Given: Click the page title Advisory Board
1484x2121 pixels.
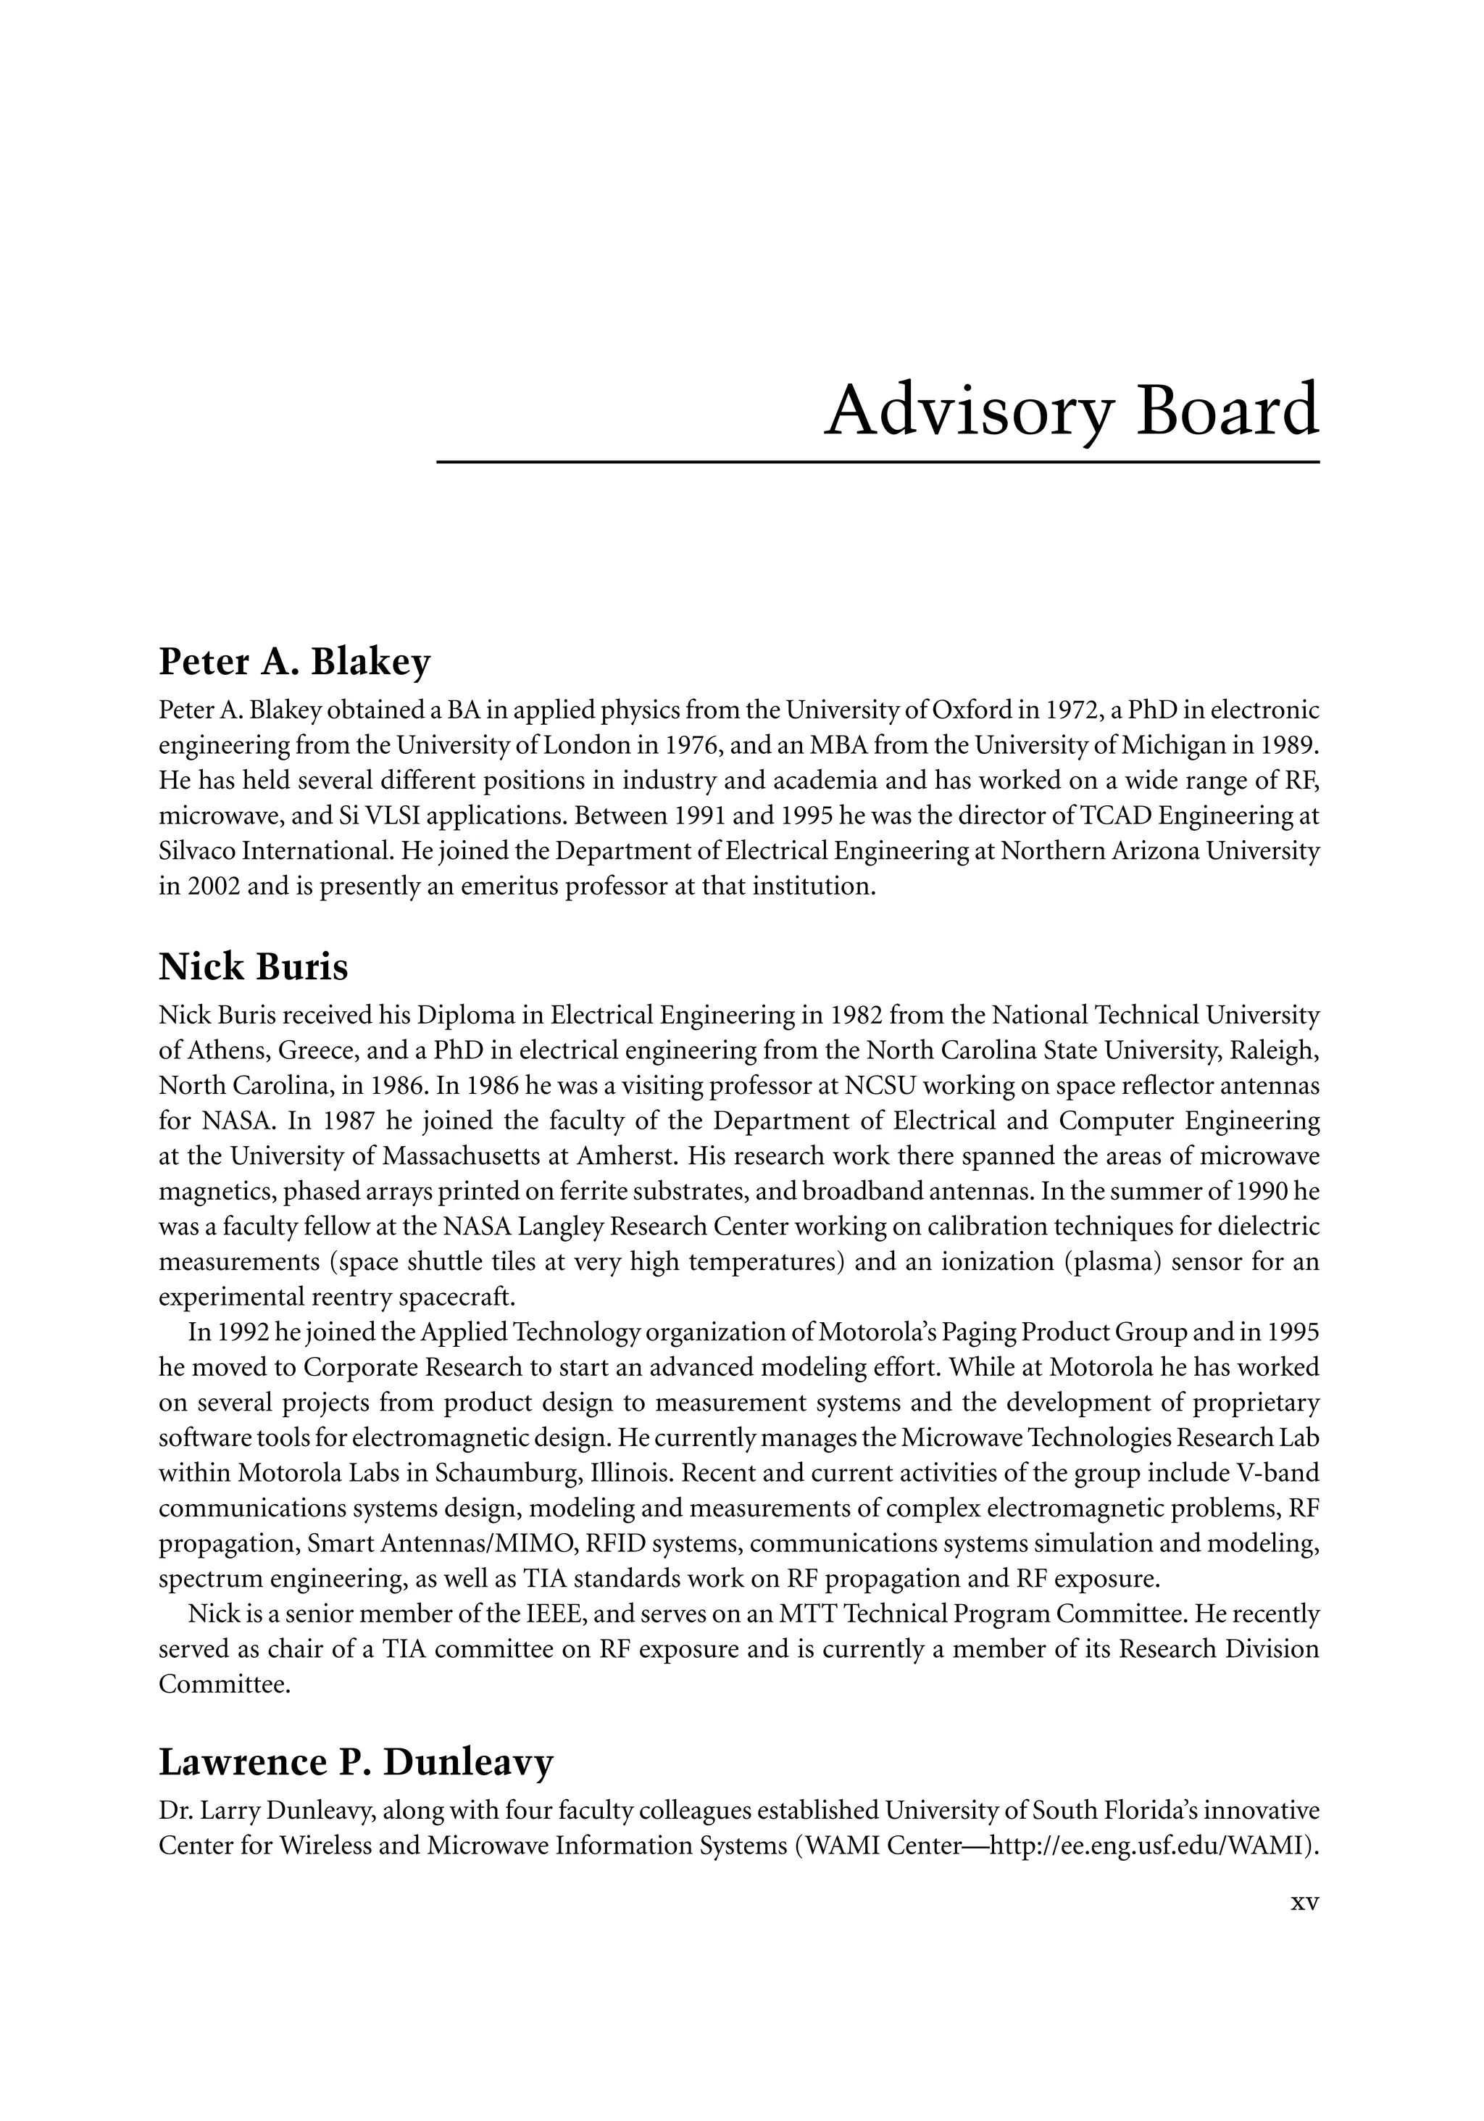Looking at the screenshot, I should tap(1070, 411).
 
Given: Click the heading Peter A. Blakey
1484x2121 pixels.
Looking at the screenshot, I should tap(295, 663).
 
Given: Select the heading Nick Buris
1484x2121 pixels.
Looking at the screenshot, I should tap(253, 967).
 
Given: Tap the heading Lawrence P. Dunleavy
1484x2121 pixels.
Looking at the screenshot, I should tap(356, 1761).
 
